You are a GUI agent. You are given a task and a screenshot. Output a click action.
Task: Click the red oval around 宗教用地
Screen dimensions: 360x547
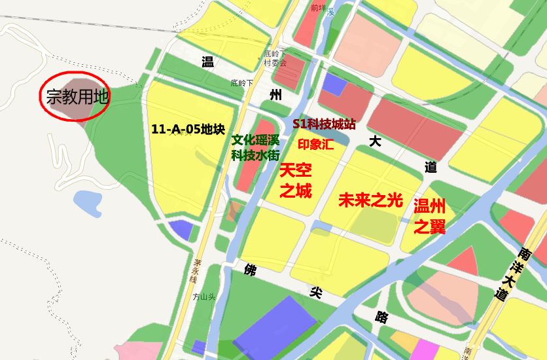(x=75, y=96)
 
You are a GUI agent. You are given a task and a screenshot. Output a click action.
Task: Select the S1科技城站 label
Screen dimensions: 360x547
(x=324, y=124)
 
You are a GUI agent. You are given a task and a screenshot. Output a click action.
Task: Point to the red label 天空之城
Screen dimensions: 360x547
(x=296, y=181)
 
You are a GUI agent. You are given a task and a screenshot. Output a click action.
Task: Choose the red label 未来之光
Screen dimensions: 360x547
(x=370, y=201)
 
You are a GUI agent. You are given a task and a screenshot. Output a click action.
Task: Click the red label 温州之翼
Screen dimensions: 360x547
(x=429, y=217)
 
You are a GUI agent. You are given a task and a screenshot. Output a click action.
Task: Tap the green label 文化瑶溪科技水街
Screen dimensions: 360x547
(x=255, y=148)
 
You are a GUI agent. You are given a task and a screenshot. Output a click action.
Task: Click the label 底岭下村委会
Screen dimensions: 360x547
(x=275, y=59)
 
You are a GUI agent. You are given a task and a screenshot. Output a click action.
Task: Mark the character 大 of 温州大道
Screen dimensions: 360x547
(x=374, y=141)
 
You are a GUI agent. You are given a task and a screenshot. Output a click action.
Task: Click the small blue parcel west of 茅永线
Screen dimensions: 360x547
(x=181, y=230)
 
